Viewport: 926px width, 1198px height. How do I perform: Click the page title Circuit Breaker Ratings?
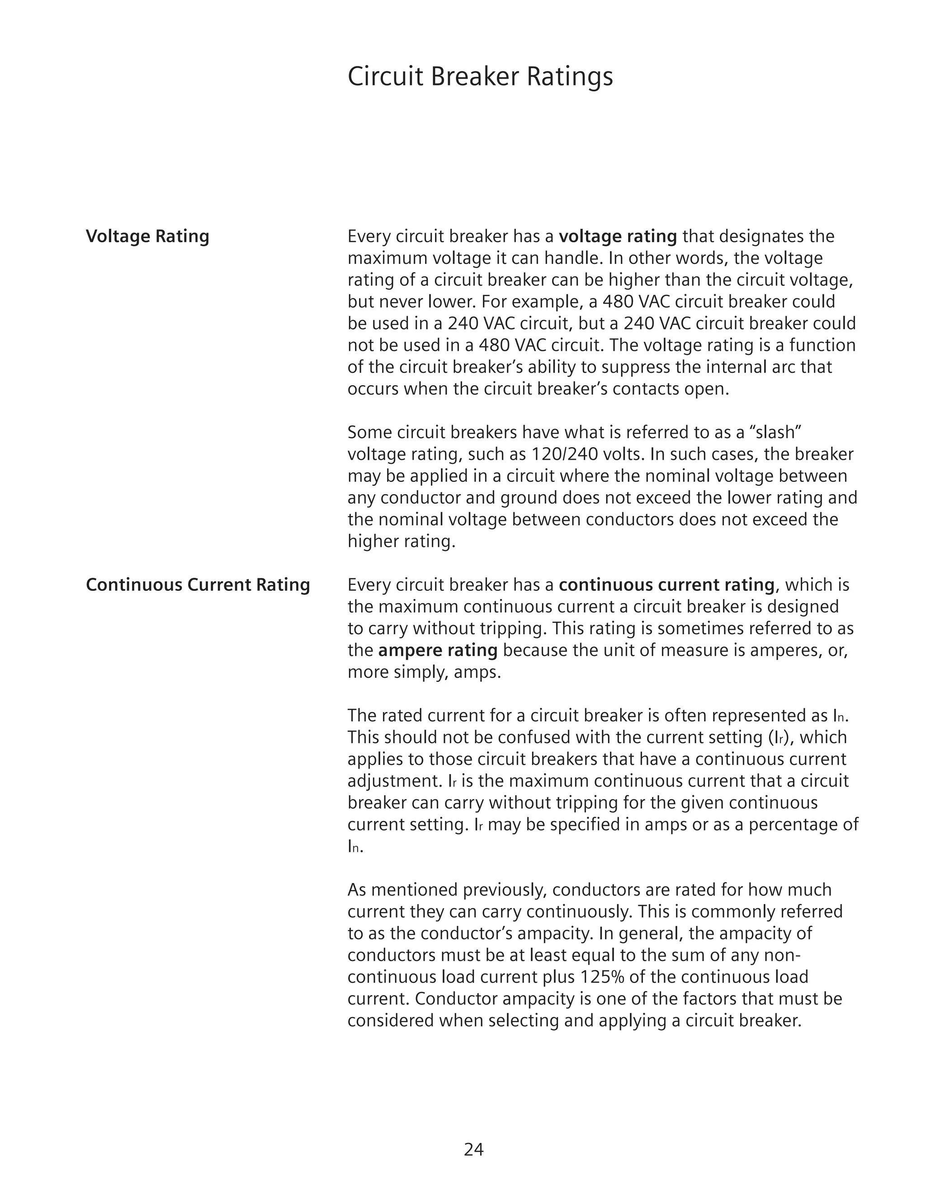click(x=480, y=76)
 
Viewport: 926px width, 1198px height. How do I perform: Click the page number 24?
click(x=473, y=1149)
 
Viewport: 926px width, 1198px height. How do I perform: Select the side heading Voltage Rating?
click(x=147, y=236)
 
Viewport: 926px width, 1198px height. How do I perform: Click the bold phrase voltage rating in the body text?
click(x=618, y=236)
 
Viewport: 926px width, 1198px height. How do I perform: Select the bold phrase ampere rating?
click(x=438, y=650)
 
